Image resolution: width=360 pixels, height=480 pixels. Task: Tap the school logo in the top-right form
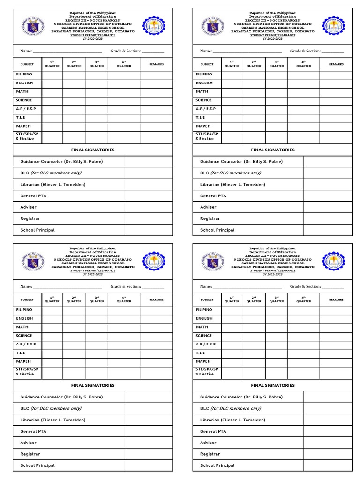[333, 26]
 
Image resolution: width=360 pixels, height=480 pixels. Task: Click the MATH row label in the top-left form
[22, 91]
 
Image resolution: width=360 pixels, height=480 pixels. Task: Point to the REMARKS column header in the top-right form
[336, 64]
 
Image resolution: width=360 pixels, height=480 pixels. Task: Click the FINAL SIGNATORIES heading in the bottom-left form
[93, 385]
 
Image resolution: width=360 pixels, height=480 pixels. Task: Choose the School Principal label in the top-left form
[37, 230]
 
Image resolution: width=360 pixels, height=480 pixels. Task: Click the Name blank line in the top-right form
[247, 51]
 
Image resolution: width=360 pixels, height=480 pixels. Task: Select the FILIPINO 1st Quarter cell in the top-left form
[52, 75]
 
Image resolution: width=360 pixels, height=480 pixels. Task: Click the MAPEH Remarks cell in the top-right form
[336, 127]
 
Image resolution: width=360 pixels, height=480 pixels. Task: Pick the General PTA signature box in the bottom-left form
[148, 431]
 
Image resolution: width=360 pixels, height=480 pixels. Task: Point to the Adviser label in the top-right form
[208, 207]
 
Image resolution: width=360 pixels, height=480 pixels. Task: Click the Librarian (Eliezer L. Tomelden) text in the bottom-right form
[232, 420]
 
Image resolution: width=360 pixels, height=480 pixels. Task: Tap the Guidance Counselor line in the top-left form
[61, 161]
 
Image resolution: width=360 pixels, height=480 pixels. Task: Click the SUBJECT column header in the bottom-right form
[207, 300]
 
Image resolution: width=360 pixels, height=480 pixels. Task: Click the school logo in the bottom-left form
[154, 261]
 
